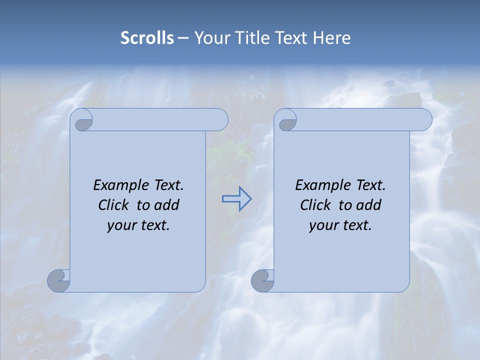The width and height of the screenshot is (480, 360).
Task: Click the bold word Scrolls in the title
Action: point(147,38)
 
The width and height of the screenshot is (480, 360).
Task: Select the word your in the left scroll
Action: point(120,225)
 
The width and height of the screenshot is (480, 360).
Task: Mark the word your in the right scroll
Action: point(322,225)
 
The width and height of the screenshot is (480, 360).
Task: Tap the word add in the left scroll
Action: point(167,205)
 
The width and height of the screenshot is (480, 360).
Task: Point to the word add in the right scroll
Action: point(369,205)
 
